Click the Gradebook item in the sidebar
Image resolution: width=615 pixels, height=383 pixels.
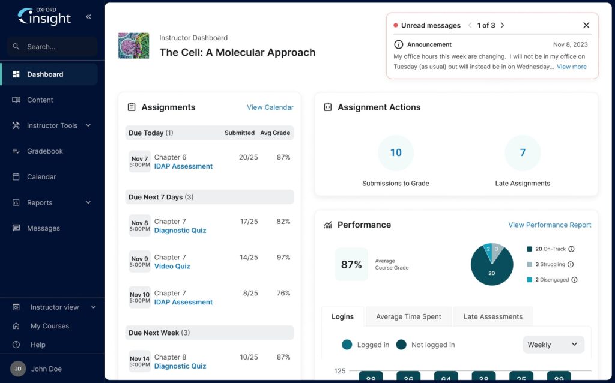coord(44,151)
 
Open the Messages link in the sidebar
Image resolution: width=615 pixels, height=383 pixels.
coord(43,228)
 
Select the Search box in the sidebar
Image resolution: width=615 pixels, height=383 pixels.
coord(52,47)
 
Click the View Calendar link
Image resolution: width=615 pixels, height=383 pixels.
coord(270,107)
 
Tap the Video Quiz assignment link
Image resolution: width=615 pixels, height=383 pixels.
coord(172,267)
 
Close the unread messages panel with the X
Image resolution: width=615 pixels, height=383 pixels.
coord(586,25)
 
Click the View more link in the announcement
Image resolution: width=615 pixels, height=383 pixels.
coord(572,67)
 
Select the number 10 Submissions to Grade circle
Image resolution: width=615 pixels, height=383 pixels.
coord(396,153)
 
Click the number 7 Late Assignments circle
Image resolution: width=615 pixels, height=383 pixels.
coord(523,153)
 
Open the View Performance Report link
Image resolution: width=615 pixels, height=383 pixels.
coord(550,225)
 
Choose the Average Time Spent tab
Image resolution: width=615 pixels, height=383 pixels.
coord(408,317)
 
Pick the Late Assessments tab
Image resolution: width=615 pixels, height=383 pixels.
coord(492,317)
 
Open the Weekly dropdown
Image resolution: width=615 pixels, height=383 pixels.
coord(553,345)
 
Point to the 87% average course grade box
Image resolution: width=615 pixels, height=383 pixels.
coord(351,265)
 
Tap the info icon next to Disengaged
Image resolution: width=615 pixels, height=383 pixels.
coord(574,280)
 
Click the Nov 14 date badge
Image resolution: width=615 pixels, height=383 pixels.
coord(140,361)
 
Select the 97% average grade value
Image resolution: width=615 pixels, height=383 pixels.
coord(283,258)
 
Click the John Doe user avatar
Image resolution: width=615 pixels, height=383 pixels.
coord(18,369)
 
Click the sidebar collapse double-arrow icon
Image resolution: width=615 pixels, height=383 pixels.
coord(89,17)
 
